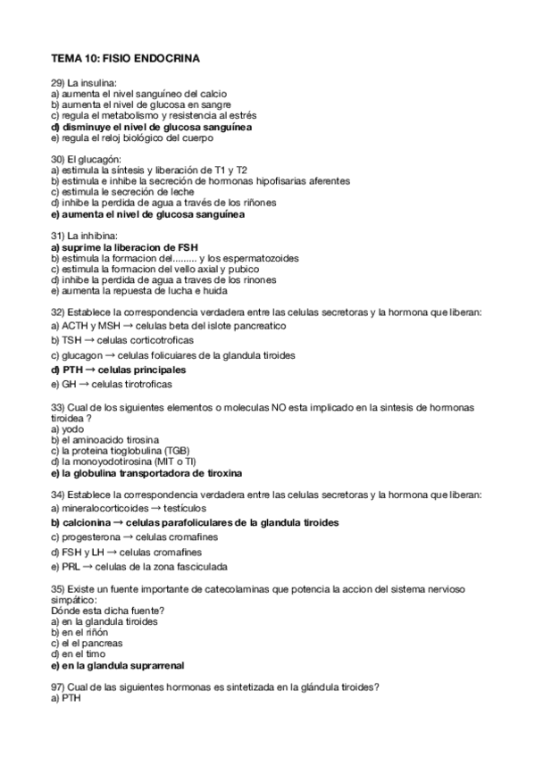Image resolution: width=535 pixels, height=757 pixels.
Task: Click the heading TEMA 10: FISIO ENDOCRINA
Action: click(x=125, y=59)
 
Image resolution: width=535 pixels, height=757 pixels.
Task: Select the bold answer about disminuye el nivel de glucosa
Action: click(x=151, y=128)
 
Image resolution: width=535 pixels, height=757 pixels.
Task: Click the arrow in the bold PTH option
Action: click(x=89, y=369)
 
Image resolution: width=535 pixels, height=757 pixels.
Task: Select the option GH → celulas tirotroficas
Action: click(x=112, y=384)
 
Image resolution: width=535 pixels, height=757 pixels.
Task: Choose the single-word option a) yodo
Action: click(x=68, y=428)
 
